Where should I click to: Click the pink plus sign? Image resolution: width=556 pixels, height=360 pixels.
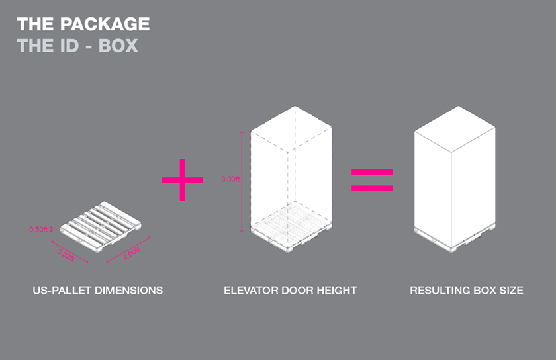tap(182, 180)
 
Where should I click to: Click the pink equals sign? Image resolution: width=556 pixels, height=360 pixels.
tap(372, 180)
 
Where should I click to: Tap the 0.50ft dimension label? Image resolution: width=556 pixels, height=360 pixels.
tap(38, 230)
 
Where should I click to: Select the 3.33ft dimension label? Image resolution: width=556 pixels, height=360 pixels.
tap(66, 255)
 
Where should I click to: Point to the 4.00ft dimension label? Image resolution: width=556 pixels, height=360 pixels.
tap(132, 253)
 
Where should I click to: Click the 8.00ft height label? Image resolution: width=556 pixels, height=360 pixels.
tap(230, 179)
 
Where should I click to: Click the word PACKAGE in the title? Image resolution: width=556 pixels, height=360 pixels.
tap(105, 24)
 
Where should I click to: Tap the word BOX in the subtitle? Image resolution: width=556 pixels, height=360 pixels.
tap(118, 46)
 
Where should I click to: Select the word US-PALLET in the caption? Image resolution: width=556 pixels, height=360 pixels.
tap(62, 291)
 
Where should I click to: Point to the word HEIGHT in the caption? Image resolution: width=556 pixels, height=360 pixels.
tap(336, 291)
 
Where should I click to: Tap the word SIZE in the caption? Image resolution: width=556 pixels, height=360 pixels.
tap(511, 291)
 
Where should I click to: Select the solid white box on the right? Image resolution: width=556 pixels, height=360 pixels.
tap(455, 179)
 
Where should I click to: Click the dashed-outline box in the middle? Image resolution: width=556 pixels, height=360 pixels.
tap(291, 179)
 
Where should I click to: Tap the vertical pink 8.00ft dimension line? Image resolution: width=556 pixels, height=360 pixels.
tap(242, 181)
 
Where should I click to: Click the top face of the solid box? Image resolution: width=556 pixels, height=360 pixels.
tap(455, 129)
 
